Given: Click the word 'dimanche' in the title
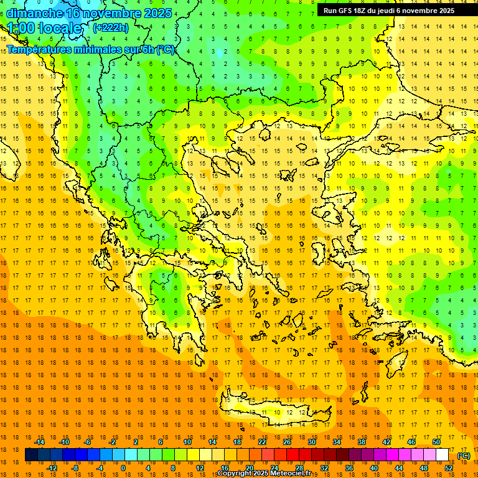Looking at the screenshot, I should [34, 13].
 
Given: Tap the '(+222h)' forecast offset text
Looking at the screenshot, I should [111, 27].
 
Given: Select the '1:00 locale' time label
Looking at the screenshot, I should [45, 28].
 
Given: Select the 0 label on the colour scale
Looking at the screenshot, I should [123, 468].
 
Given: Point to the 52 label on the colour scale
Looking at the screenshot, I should [449, 468].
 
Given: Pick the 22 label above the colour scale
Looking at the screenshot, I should [261, 442].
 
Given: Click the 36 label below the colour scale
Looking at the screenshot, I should [349, 468].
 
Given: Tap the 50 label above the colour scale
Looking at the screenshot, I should [436, 442].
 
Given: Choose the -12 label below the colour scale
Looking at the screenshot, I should [52, 468].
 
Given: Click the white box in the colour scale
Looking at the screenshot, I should [442, 455].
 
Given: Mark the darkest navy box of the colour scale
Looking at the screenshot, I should [32, 455].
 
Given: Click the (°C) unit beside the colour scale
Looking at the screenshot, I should [464, 456].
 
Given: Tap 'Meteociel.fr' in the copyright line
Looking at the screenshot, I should [296, 474].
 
